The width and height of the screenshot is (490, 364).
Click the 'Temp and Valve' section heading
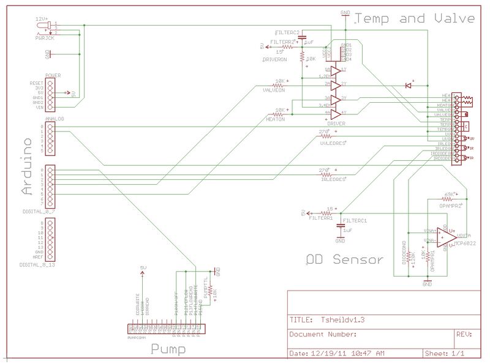coord(415,18)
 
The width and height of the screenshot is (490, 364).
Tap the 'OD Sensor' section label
coord(345,259)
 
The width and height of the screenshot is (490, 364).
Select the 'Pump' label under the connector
coord(168,349)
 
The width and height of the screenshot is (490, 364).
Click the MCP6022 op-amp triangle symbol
coord(446,236)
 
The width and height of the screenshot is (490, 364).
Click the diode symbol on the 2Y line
coord(409,84)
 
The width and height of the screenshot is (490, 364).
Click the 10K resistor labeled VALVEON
coord(281,84)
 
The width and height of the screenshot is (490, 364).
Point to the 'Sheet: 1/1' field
coord(445,354)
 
